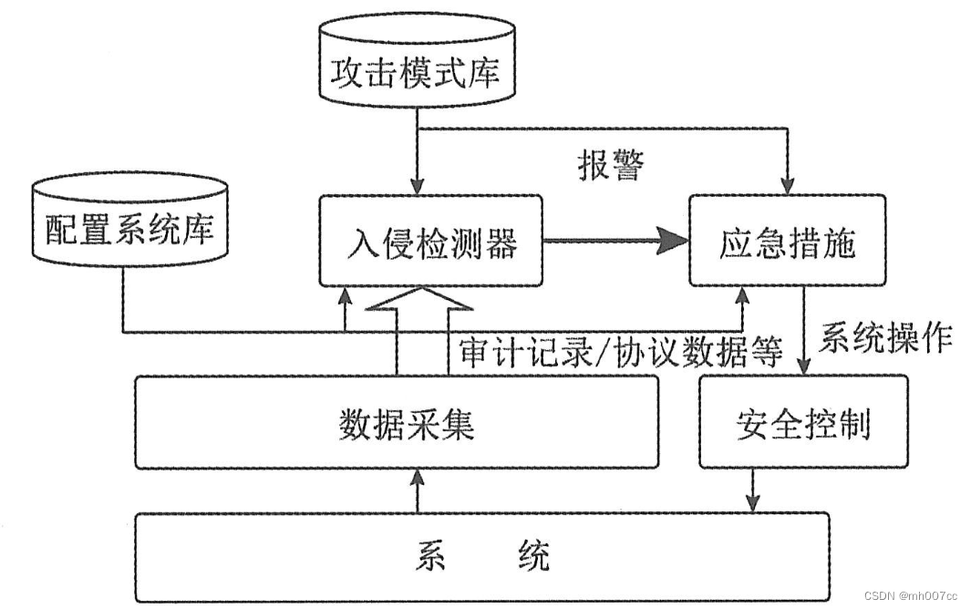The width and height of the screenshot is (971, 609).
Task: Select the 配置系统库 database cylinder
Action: [x=129, y=228]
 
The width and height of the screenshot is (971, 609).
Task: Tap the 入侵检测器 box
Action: [x=431, y=243]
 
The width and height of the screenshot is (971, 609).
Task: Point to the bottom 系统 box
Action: [x=483, y=556]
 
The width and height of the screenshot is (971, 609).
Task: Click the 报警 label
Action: [x=610, y=165]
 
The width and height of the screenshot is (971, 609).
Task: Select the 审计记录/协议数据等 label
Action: [x=621, y=352]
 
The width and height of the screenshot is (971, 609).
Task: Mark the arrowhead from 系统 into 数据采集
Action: [x=417, y=478]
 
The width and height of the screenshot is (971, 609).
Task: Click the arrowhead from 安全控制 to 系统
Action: [x=753, y=503]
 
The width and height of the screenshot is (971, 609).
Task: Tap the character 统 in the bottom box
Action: [x=533, y=556]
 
